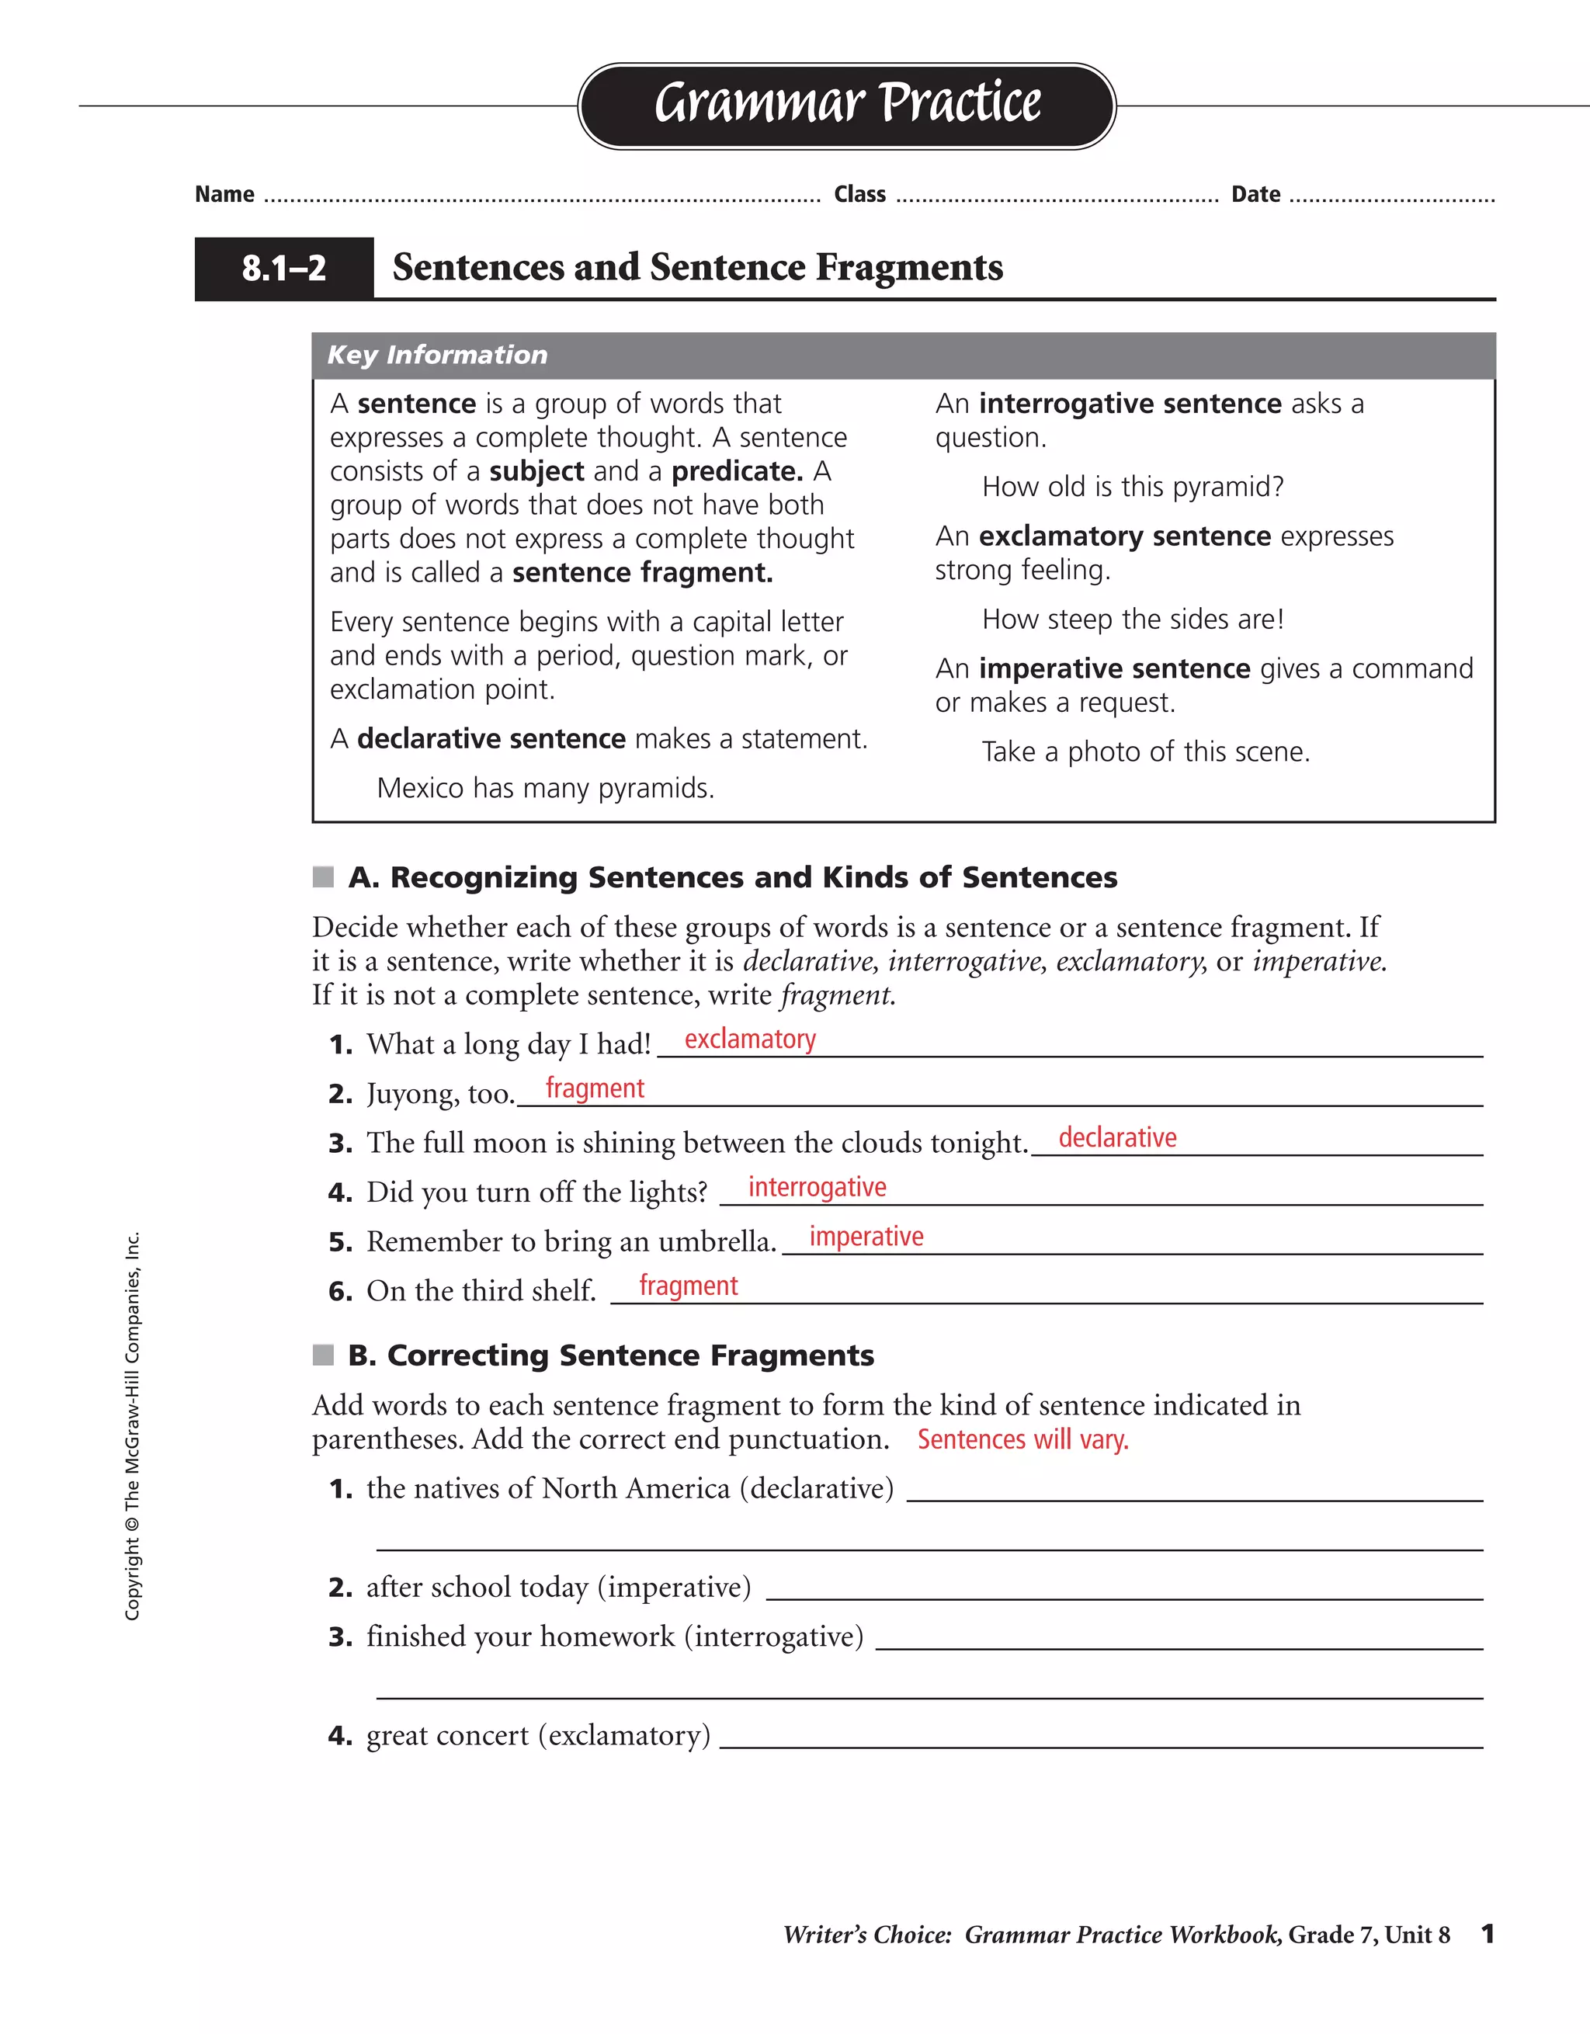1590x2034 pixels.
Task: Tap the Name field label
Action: [x=224, y=195]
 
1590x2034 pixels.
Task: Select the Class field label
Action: [x=859, y=195]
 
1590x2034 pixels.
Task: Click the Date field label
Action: [x=1255, y=195]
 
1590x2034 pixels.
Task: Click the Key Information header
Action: [x=437, y=355]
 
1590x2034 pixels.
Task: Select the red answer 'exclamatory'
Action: [x=750, y=1040]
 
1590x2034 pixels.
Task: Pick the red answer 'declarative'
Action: [x=1117, y=1138]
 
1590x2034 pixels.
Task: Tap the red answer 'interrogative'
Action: [x=817, y=1188]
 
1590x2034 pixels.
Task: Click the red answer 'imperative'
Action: [x=866, y=1237]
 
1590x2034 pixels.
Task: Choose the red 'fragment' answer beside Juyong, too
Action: [x=594, y=1088]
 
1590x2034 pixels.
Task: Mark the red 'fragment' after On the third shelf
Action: [x=689, y=1286]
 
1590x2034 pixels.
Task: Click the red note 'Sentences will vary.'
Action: [x=1022, y=1440]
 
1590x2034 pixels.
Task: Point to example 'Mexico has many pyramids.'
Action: [x=545, y=789]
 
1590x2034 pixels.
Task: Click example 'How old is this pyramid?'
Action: [x=1133, y=487]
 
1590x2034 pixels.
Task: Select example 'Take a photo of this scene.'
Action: [x=1146, y=752]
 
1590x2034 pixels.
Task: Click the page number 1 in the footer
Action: [x=1488, y=1935]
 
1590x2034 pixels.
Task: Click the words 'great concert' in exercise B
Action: [x=447, y=1736]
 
